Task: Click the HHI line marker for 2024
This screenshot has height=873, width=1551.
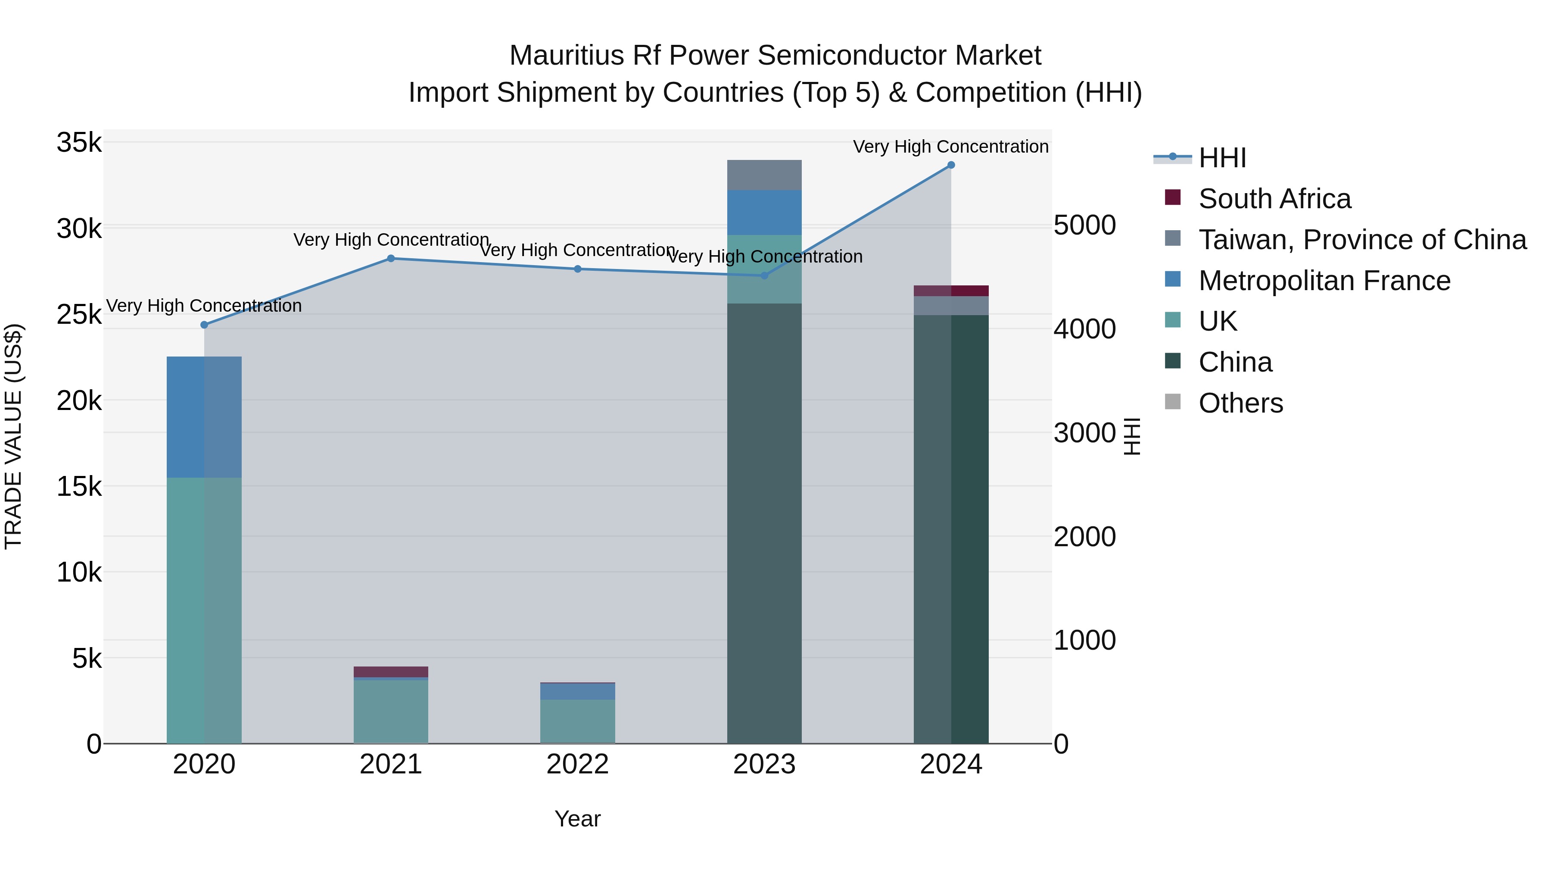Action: (951, 165)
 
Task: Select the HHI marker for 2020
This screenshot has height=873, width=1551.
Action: (204, 325)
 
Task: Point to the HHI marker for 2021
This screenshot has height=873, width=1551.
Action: (391, 259)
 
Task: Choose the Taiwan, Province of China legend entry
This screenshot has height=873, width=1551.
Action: (1362, 240)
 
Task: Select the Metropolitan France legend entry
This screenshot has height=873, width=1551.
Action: (1324, 281)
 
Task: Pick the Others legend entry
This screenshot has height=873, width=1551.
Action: (1240, 403)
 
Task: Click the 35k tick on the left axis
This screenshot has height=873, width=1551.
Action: (79, 144)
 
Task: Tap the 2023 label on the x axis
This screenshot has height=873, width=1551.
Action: (764, 764)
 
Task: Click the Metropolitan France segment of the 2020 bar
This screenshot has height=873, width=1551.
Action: (204, 417)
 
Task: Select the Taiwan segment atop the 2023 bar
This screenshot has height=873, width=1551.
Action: (764, 175)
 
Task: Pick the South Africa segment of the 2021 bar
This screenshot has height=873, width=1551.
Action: (391, 672)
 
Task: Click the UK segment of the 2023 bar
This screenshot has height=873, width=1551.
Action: (764, 269)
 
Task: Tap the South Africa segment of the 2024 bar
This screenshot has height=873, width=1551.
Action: (951, 291)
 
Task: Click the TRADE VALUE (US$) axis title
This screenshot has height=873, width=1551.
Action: (13, 436)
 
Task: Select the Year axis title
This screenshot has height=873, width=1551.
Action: (577, 819)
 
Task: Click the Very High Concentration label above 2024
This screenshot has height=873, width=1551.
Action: (951, 147)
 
